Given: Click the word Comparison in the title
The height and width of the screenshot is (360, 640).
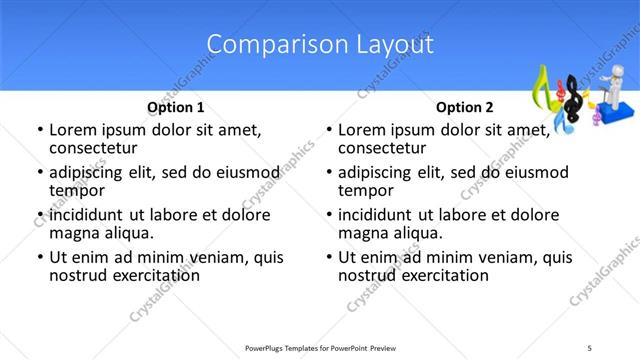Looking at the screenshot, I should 263,45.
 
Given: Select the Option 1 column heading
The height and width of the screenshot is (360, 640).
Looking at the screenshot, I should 176,107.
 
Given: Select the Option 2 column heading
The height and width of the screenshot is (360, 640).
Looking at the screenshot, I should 465,107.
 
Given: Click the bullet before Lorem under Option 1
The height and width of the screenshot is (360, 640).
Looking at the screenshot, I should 39,130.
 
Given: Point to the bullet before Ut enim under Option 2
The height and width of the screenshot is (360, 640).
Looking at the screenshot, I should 328,258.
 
